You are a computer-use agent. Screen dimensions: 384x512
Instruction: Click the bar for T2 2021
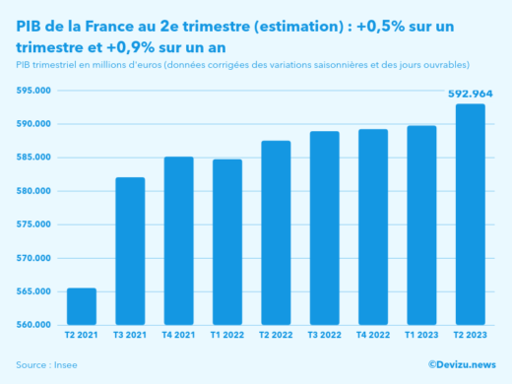pyautogui.click(x=82, y=307)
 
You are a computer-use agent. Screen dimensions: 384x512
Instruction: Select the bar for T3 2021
pyautogui.click(x=130, y=252)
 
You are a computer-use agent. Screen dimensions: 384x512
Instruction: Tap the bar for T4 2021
pyautogui.click(x=178, y=241)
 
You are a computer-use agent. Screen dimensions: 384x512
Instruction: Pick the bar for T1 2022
pyautogui.click(x=226, y=242)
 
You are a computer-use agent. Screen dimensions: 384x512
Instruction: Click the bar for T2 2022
pyautogui.click(x=276, y=233)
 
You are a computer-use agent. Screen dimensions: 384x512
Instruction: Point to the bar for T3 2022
pyautogui.click(x=324, y=228)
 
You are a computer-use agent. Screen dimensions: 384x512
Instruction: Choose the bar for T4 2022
pyautogui.click(x=372, y=227)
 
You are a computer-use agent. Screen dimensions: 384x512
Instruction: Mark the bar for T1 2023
pyautogui.click(x=420, y=225)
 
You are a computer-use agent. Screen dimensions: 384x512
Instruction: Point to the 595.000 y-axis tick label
pyautogui.click(x=33, y=91)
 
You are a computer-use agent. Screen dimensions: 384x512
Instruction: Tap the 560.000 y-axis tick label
pyautogui.click(x=33, y=325)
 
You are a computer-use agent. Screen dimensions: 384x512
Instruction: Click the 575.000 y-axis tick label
pyautogui.click(x=33, y=224)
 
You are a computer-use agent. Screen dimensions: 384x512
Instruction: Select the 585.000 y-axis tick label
pyautogui.click(x=33, y=158)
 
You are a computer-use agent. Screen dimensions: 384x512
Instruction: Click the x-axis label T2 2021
pyautogui.click(x=82, y=336)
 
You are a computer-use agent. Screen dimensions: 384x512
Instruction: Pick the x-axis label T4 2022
pyautogui.click(x=372, y=336)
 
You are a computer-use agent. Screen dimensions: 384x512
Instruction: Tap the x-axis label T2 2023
pyautogui.click(x=470, y=336)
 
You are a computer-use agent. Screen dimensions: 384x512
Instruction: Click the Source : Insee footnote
pyautogui.click(x=46, y=365)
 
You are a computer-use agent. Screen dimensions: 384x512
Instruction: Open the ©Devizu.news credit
pyautogui.click(x=461, y=364)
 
